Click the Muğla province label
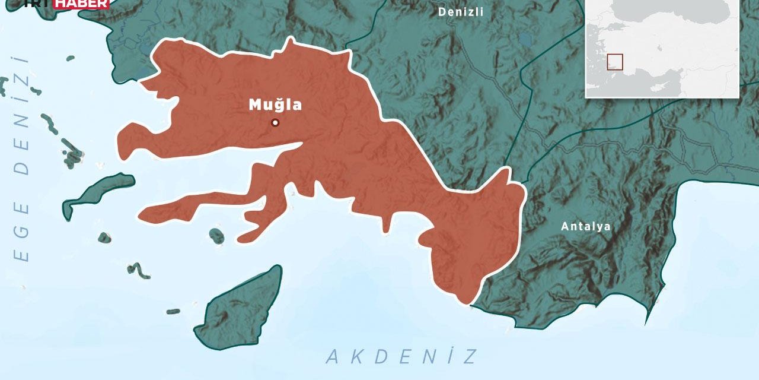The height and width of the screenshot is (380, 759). (x=275, y=105)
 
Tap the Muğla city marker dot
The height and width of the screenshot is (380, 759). (x=275, y=123)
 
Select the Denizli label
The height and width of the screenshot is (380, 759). (x=461, y=12)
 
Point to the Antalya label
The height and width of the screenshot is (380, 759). (x=586, y=226)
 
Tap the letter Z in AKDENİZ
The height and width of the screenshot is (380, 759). (x=470, y=357)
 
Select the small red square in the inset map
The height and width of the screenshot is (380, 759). (x=615, y=62)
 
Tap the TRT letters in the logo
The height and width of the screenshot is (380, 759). (x=37, y=4)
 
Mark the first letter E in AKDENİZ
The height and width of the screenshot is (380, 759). (x=404, y=357)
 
